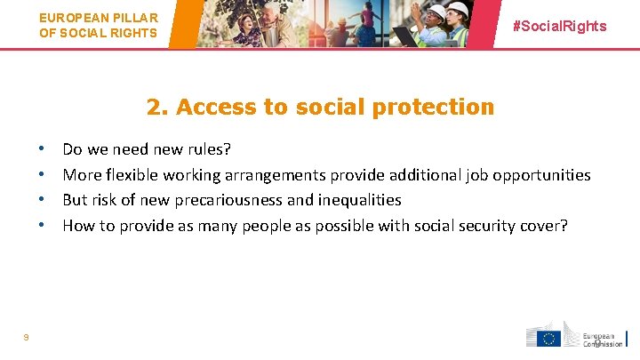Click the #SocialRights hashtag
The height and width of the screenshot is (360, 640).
[x=560, y=26]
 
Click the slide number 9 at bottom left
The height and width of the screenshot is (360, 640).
[x=26, y=337]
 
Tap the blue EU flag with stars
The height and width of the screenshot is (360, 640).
[x=548, y=338]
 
